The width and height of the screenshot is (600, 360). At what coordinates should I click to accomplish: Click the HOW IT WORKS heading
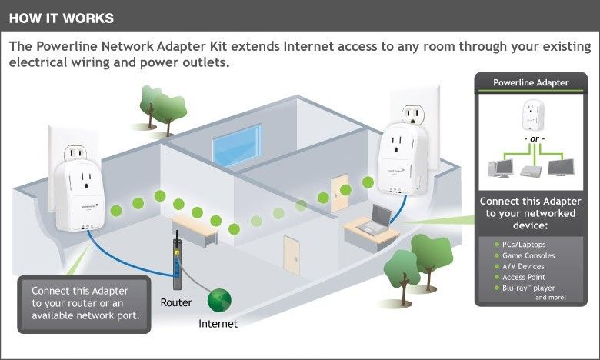[61, 17]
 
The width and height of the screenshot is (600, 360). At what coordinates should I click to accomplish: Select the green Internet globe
[219, 300]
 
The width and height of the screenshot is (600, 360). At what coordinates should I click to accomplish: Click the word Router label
[176, 302]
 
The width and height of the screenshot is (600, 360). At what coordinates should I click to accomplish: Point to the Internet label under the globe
[218, 324]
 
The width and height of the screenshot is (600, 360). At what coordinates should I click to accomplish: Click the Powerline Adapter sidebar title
[531, 82]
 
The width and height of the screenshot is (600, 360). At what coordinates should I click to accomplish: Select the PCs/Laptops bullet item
[526, 244]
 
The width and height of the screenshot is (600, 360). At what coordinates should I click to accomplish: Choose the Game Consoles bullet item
[528, 255]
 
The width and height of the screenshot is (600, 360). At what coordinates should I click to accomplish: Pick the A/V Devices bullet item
[525, 265]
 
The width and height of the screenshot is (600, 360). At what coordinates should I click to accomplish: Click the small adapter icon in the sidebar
[531, 115]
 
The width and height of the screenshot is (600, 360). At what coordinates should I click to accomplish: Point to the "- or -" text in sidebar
[531, 139]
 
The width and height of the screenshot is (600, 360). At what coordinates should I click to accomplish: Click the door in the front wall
[292, 255]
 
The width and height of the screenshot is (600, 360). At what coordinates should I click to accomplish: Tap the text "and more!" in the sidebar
[551, 297]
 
